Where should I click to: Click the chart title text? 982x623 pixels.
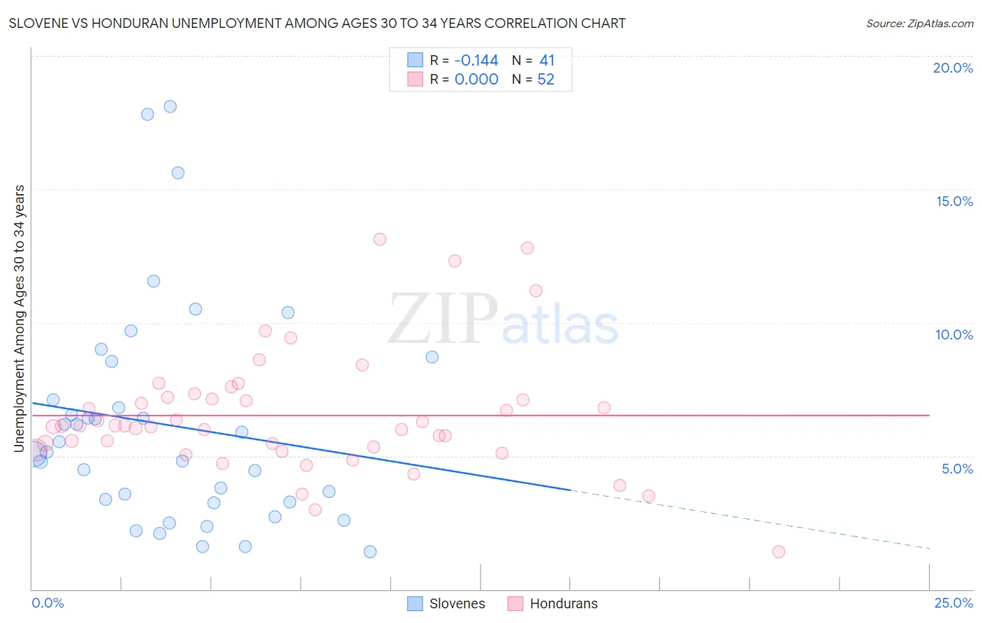click(x=317, y=23)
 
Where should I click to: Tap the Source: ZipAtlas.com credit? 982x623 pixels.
click(x=919, y=23)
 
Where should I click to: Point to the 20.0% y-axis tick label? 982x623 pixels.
click(x=953, y=68)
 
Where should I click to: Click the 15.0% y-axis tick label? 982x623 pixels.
click(x=954, y=201)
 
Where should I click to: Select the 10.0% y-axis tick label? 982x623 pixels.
click(x=954, y=335)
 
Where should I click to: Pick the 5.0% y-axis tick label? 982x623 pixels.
click(x=957, y=469)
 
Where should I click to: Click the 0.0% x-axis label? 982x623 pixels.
click(x=47, y=603)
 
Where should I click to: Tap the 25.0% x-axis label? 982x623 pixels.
click(x=953, y=603)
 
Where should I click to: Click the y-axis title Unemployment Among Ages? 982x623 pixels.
click(x=20, y=318)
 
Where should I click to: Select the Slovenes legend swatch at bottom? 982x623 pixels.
click(x=416, y=603)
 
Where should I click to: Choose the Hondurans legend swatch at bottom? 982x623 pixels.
click(x=515, y=603)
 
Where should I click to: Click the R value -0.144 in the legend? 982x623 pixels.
click(x=476, y=61)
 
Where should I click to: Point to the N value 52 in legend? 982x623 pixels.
click(x=545, y=80)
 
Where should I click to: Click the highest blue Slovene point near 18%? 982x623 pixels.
click(x=170, y=107)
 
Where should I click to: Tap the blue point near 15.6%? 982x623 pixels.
click(x=178, y=173)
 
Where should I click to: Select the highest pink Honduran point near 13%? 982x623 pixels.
click(x=380, y=239)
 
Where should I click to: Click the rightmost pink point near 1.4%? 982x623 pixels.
click(x=779, y=552)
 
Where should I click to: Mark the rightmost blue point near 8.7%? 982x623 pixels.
click(x=432, y=357)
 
